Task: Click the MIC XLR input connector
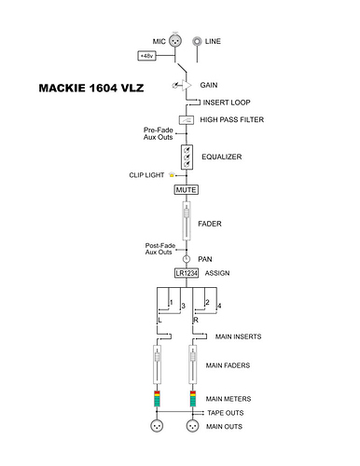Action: [175, 41]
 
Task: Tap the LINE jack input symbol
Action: [197, 41]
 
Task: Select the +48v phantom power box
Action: [146, 56]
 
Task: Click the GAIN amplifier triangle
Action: [187, 85]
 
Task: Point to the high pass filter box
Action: [187, 120]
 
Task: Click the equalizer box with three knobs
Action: [187, 157]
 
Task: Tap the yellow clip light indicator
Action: [172, 175]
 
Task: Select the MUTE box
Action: [187, 190]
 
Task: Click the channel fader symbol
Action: [187, 221]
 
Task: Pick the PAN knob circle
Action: [187, 259]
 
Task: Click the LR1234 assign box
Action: [187, 273]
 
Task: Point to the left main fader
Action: [158, 364]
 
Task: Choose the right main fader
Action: [193, 364]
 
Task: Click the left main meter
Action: [157, 399]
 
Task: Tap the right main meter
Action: [193, 399]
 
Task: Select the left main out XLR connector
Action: [157, 426]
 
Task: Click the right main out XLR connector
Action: [193, 426]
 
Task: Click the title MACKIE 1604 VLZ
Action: [91, 89]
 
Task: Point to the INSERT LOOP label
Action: [227, 103]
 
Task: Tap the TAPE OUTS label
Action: [226, 413]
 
